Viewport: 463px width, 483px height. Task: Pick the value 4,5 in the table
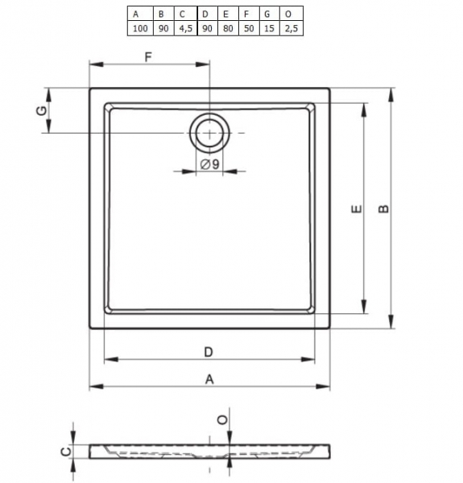pyautogui.click(x=184, y=28)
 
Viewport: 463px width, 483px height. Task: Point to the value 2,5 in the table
pyautogui.click(x=288, y=28)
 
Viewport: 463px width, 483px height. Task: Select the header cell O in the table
pyautogui.click(x=288, y=14)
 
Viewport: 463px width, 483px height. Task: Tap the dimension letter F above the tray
pyautogui.click(x=148, y=56)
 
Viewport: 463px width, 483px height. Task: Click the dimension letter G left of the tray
pyautogui.click(x=41, y=110)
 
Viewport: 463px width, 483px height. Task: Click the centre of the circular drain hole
pyautogui.click(x=209, y=132)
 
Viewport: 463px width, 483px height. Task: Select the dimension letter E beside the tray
pyautogui.click(x=357, y=210)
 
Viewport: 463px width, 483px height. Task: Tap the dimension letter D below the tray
pyautogui.click(x=208, y=351)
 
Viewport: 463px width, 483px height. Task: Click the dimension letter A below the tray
pyautogui.click(x=209, y=378)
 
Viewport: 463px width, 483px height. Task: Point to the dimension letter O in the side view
pyautogui.click(x=221, y=419)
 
